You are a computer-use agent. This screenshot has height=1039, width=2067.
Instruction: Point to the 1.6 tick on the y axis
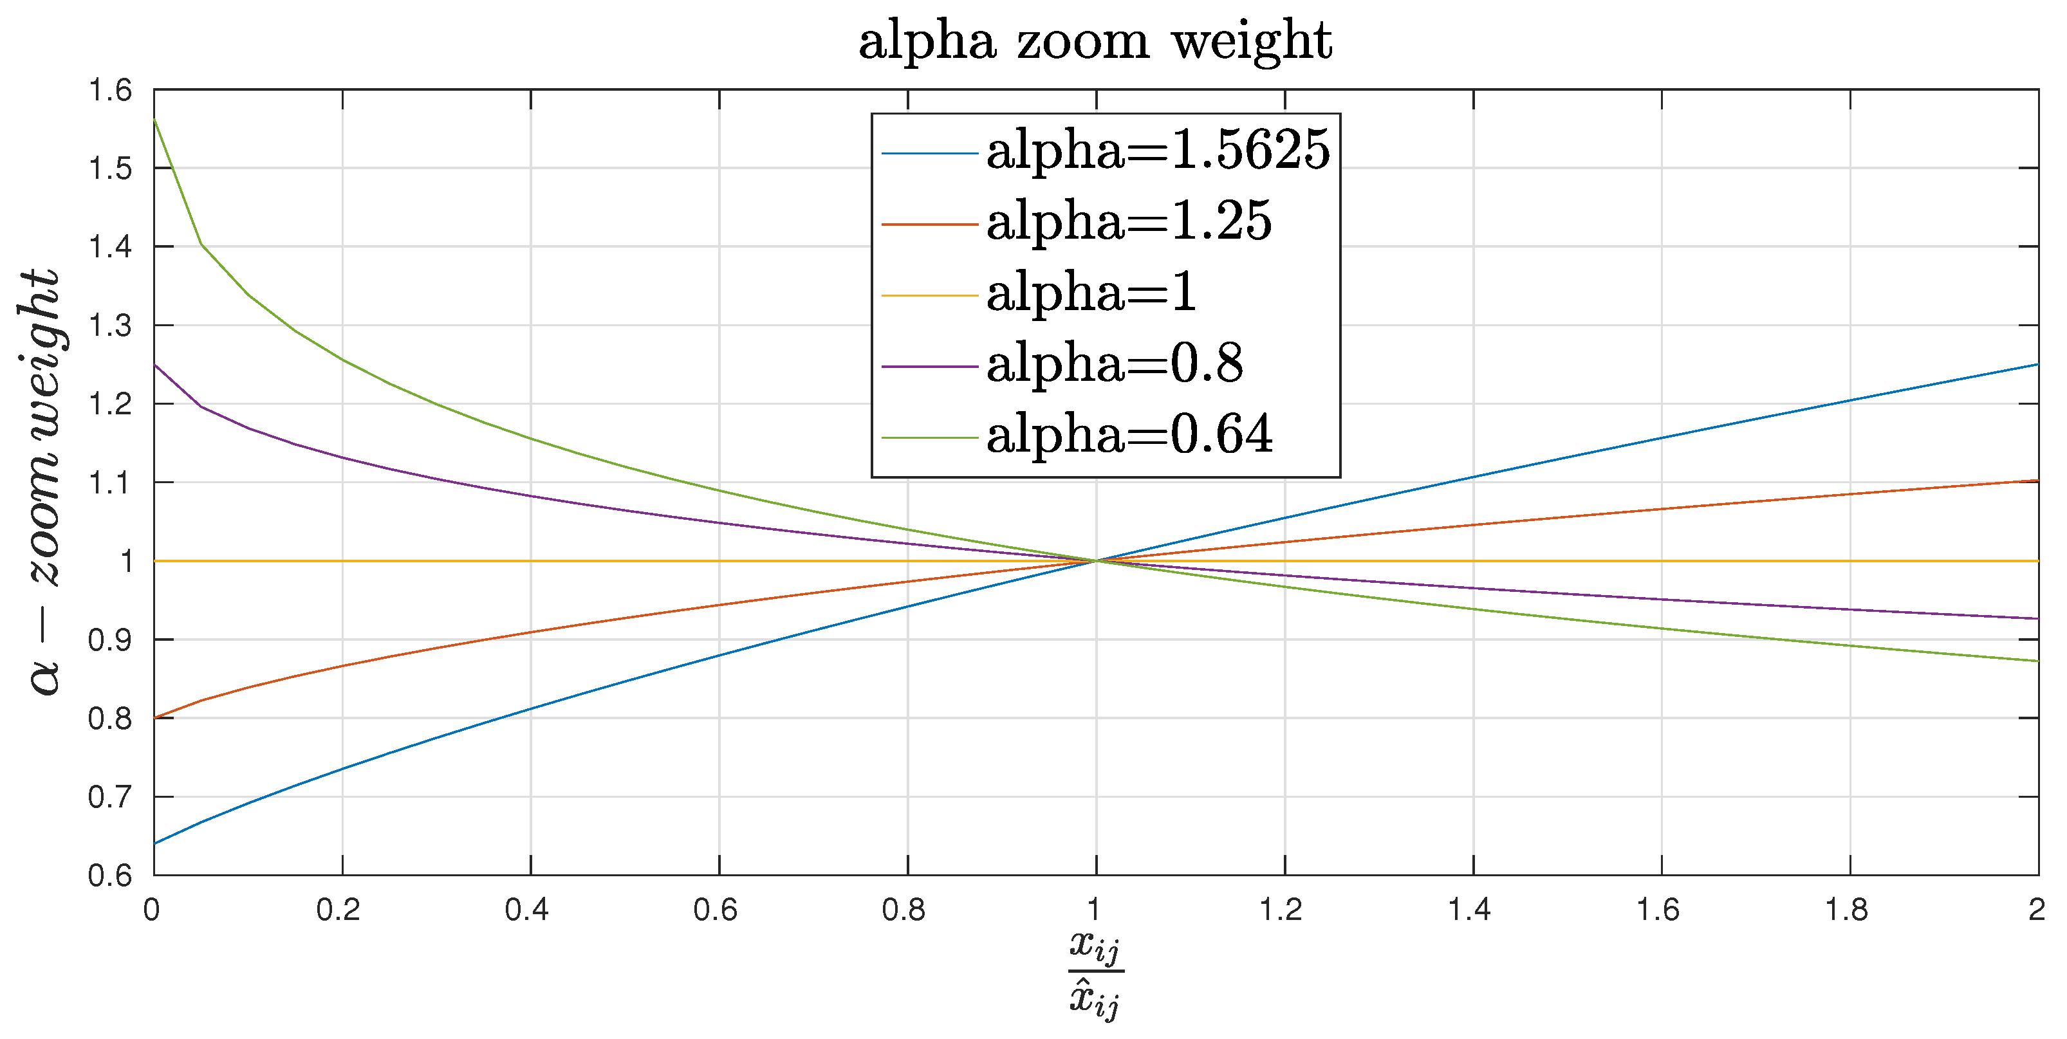(110, 91)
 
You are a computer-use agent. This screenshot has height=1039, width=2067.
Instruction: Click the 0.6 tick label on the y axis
(110, 874)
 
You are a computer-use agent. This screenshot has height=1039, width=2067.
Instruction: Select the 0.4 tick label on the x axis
(527, 910)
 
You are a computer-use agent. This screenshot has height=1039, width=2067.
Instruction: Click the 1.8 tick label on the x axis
(1846, 910)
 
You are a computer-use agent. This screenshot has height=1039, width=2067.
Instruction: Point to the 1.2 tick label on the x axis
(1281, 910)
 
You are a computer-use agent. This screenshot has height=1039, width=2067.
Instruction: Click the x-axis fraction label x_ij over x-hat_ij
(1095, 974)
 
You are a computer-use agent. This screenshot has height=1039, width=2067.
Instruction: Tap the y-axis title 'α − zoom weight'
(42, 481)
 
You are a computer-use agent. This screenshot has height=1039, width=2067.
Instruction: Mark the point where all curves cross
(1096, 561)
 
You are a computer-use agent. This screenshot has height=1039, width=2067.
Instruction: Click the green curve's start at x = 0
(155, 120)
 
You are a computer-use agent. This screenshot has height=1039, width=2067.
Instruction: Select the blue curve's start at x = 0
(155, 843)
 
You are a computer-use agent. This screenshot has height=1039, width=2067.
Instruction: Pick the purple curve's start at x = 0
(155, 365)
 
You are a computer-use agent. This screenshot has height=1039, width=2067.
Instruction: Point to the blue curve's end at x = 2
(2037, 365)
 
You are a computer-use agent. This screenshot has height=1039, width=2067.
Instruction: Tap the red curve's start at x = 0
(155, 717)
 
